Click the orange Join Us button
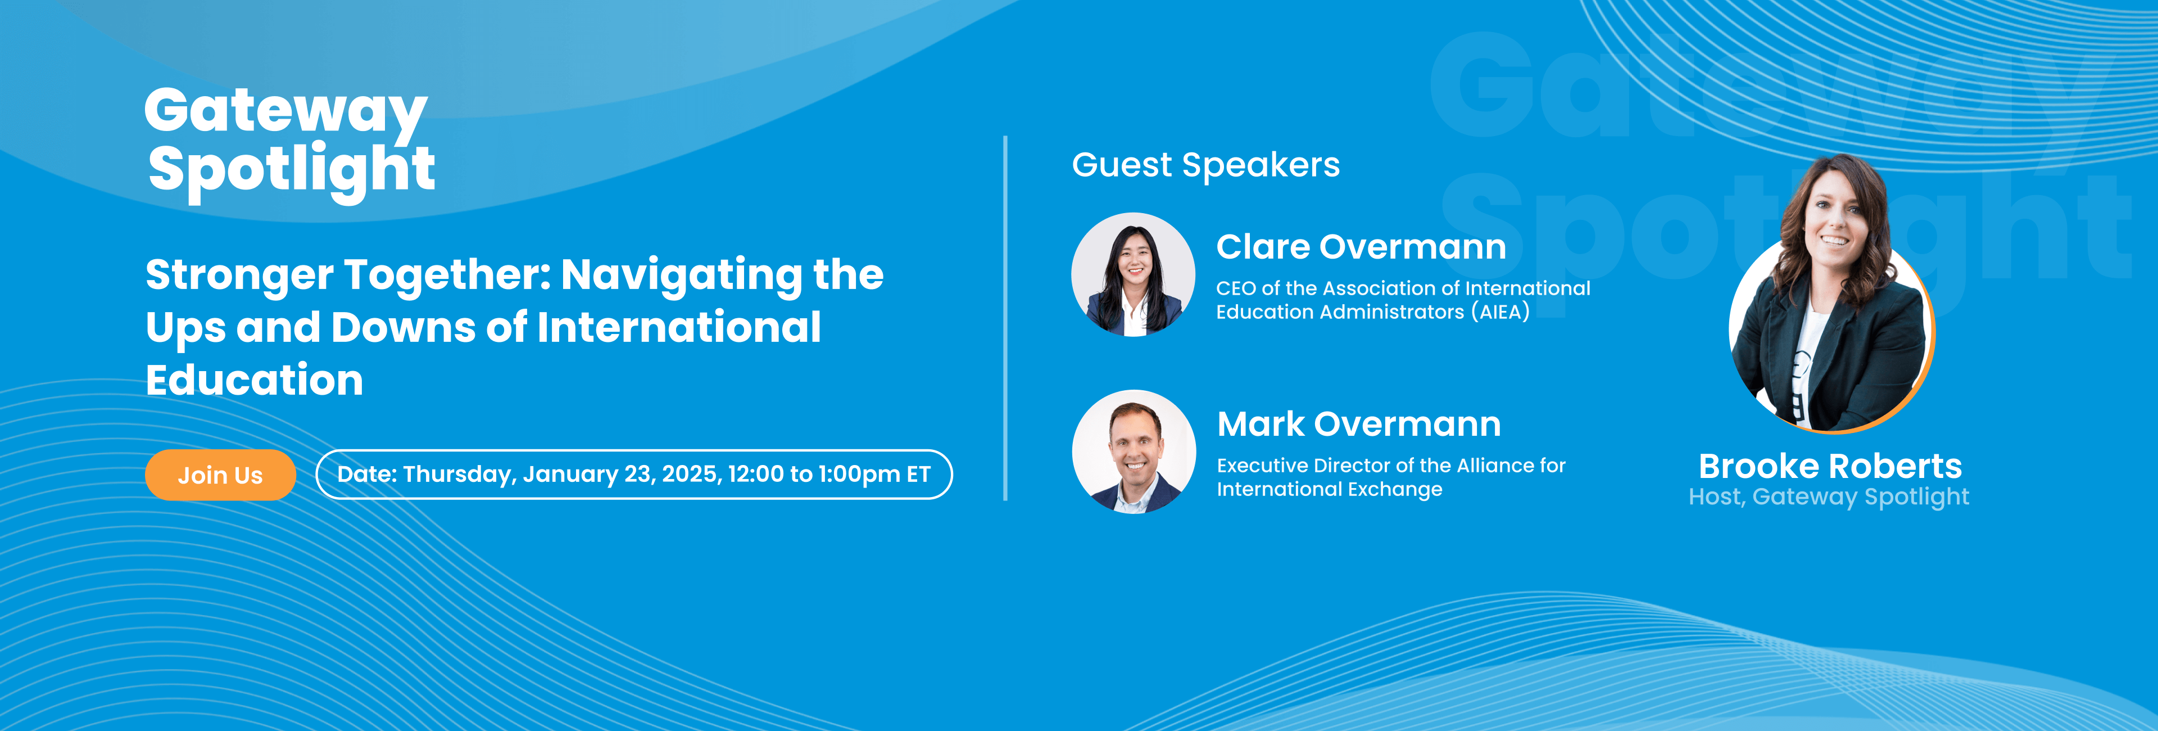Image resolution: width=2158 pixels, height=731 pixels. [x=220, y=475]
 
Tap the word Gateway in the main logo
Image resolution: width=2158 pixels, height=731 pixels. [x=285, y=112]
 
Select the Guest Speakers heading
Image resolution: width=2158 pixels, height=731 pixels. [x=1205, y=165]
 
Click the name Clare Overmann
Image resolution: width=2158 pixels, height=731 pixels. [x=1361, y=247]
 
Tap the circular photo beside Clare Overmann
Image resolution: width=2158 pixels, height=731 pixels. [x=1134, y=274]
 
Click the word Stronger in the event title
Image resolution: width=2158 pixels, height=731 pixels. [x=239, y=275]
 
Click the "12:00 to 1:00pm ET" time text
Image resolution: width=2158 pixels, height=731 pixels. [x=829, y=475]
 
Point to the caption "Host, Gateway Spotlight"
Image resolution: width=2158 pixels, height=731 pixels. [x=1829, y=497]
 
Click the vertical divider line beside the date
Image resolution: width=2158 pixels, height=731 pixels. [x=1005, y=319]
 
